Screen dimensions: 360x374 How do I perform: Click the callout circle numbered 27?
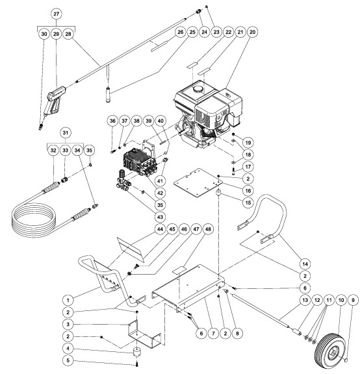[56, 14]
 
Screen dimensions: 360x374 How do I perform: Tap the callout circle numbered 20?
[252, 32]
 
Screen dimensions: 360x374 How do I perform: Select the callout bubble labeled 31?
[66, 132]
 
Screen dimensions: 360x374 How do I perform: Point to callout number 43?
[160, 217]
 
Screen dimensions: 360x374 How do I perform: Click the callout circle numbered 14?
[305, 264]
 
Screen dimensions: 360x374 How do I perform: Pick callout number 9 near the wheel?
[354, 300]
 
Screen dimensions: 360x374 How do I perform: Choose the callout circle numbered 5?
[68, 360]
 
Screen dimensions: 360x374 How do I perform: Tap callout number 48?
[208, 229]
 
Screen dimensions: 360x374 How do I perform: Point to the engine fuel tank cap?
[198, 88]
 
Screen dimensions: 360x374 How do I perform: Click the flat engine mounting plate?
[198, 183]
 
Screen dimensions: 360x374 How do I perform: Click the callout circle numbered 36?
[112, 121]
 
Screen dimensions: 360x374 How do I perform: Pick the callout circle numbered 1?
[68, 300]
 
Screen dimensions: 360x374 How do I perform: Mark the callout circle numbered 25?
[192, 32]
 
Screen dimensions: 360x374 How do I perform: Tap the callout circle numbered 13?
[305, 300]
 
